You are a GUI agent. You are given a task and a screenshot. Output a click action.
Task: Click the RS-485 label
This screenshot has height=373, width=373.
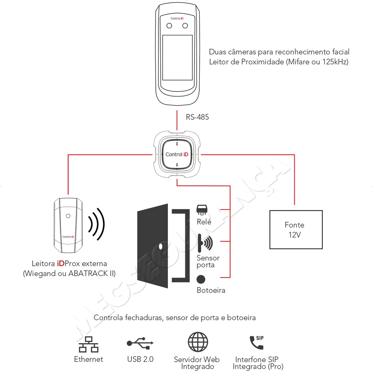(197, 117)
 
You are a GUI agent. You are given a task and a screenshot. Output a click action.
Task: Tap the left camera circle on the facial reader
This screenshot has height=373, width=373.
(169, 25)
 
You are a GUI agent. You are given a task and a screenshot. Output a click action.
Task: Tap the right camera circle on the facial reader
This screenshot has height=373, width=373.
(185, 25)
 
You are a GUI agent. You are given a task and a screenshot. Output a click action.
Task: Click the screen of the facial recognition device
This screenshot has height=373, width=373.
(177, 58)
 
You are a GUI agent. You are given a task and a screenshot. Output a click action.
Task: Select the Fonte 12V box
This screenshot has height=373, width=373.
(296, 229)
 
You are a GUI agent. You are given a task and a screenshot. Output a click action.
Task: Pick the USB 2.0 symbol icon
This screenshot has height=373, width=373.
(140, 343)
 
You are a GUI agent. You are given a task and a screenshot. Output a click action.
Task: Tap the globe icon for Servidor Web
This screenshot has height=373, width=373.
(198, 342)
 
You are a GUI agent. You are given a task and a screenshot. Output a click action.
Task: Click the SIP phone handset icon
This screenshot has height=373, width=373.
(256, 342)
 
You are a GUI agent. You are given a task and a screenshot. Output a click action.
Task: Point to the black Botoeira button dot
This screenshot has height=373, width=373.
(201, 279)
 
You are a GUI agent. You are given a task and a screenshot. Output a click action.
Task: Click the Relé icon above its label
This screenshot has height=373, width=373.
(202, 210)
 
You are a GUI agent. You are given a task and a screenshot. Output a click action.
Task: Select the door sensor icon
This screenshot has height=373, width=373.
(206, 243)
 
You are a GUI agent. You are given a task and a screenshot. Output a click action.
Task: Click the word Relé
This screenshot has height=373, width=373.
(204, 222)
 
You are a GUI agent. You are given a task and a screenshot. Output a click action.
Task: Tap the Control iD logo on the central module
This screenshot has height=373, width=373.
(177, 154)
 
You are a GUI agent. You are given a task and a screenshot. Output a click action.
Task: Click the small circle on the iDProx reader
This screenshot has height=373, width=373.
(68, 216)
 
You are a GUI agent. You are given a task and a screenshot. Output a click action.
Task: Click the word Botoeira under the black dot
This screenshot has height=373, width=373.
(211, 290)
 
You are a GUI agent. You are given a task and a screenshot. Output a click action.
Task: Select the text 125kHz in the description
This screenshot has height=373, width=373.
(335, 62)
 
